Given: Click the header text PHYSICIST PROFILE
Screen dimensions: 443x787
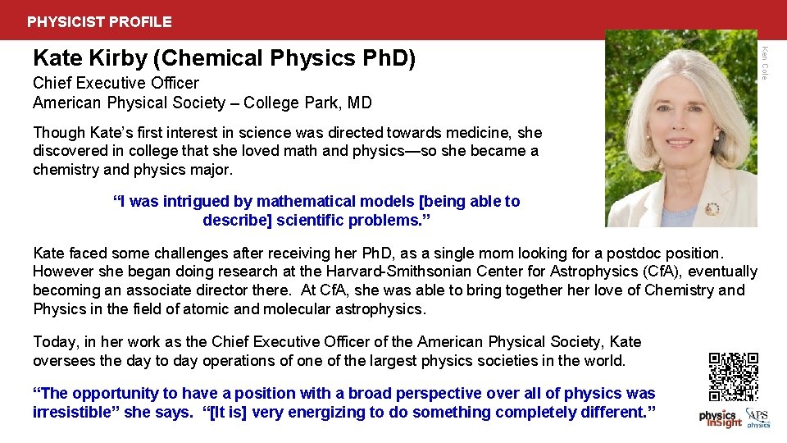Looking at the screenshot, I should (99, 22).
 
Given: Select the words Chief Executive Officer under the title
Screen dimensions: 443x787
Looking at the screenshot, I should (116, 83).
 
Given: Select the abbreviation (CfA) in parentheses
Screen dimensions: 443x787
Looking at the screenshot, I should (644, 272).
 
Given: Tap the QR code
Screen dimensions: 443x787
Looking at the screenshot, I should (733, 377).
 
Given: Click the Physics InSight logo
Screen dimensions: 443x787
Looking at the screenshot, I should (720, 418).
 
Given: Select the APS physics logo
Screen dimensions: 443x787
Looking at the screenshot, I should (758, 418).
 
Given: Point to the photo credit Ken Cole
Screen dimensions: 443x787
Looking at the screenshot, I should (764, 62).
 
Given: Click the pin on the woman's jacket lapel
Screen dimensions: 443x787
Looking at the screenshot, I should (712, 208).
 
